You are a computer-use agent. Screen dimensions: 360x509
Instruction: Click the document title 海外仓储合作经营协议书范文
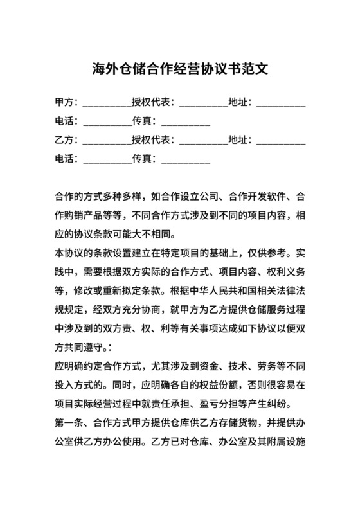tap(179, 69)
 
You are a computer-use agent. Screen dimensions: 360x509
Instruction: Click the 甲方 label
tap(66, 102)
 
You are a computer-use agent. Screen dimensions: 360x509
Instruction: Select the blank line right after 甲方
tap(106, 103)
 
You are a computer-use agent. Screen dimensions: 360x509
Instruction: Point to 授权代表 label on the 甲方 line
tap(154, 102)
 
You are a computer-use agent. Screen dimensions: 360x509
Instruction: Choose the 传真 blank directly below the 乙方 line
tap(186, 160)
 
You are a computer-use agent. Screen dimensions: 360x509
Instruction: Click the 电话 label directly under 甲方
tap(66, 121)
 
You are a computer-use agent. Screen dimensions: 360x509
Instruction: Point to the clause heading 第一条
tap(70, 424)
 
